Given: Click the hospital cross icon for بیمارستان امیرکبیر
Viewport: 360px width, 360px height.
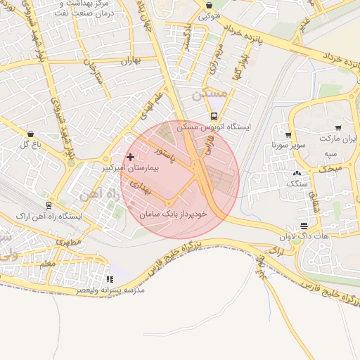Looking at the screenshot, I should (130, 156).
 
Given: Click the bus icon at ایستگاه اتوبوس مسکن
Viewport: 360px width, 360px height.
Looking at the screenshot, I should (213, 117).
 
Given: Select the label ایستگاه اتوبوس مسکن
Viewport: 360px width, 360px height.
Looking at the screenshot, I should (214, 129).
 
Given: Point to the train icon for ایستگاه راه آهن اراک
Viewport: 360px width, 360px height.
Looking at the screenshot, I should (49, 205).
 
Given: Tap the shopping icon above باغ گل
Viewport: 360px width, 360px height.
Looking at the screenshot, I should (30, 134).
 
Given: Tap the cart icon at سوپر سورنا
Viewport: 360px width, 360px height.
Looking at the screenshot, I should (288, 134).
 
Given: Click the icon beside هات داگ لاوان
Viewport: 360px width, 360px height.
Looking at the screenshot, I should (304, 226).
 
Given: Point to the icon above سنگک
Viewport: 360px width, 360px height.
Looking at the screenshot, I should (296, 172).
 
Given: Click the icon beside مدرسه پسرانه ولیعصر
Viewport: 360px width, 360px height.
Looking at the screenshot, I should (110, 279).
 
